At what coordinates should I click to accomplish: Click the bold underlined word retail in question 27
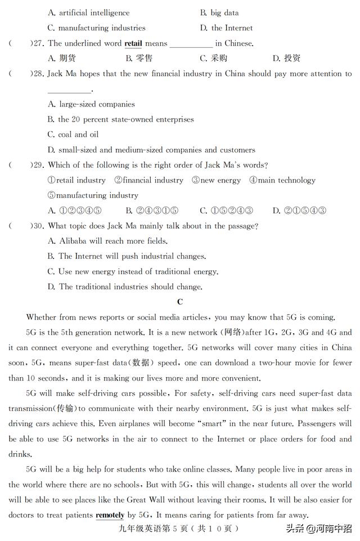pos(133,43)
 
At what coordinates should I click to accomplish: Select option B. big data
pos(219,12)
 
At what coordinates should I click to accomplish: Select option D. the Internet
pos(226,28)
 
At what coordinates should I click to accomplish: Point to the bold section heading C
pos(180,302)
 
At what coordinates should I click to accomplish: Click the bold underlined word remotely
pos(110,515)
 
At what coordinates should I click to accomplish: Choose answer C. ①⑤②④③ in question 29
pos(226,211)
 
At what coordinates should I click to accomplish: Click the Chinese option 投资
pos(286,58)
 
